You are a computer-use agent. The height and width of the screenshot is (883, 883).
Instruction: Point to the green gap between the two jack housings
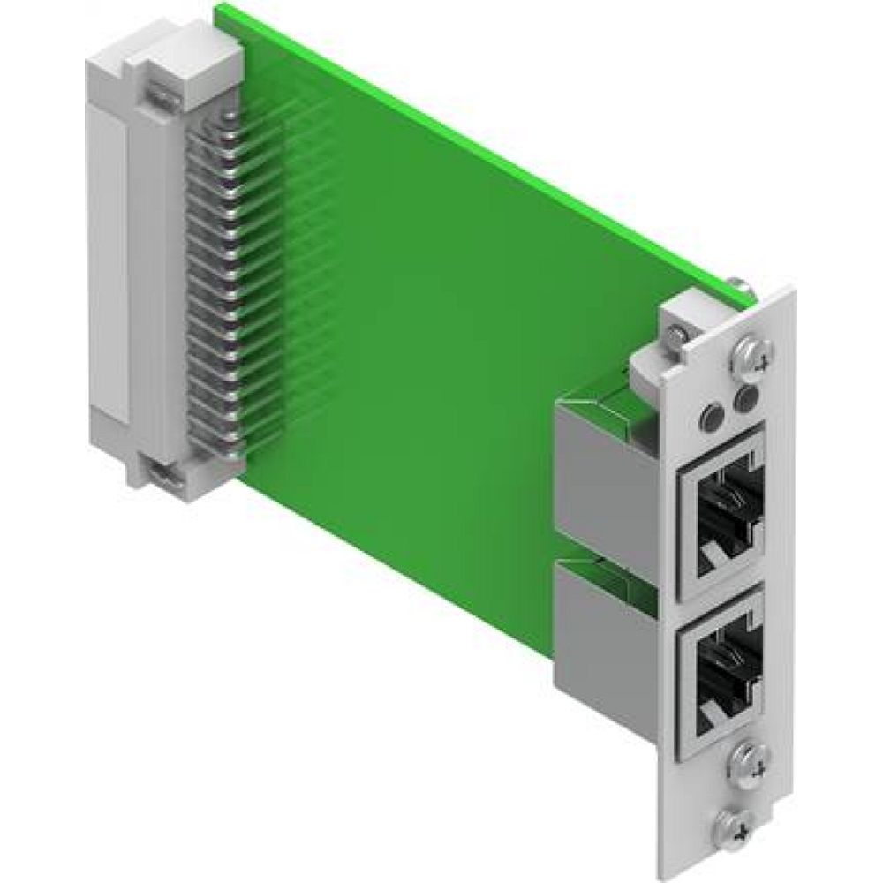(x=609, y=555)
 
